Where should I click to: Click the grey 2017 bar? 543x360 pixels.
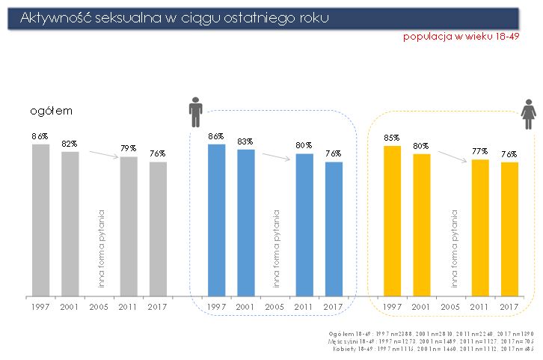click(x=158, y=228)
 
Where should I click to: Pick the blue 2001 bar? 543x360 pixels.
click(x=246, y=222)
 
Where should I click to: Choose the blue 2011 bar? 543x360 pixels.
click(x=304, y=225)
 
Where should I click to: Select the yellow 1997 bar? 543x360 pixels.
click(x=392, y=220)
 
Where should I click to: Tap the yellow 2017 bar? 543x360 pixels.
click(x=509, y=228)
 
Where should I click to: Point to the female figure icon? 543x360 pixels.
click(x=528, y=115)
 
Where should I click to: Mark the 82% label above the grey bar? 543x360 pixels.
click(x=70, y=143)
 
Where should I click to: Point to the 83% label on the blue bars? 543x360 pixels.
click(x=246, y=141)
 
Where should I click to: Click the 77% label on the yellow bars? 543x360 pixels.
click(x=480, y=150)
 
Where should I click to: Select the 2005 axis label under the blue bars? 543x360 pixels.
click(x=275, y=307)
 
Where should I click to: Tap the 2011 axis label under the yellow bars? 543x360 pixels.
click(x=480, y=307)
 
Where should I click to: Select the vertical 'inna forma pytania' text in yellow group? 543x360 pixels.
click(x=453, y=248)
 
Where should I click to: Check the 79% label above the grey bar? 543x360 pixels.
click(x=129, y=148)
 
